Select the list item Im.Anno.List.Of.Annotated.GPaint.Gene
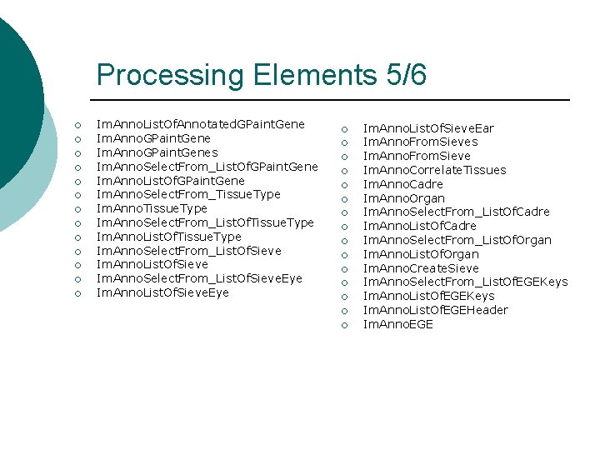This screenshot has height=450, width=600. tap(201, 124)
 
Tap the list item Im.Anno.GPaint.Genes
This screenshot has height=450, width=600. tap(157, 152)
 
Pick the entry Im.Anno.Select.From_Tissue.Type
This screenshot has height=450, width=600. tap(188, 194)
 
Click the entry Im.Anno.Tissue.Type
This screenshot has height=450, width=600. tap(152, 208)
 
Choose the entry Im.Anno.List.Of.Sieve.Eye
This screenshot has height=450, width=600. tap(162, 292)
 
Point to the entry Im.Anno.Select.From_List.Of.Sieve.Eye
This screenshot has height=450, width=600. tap(199, 278)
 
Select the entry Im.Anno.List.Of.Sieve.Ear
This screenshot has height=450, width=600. tap(428, 127)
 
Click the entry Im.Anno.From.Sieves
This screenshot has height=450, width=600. tap(420, 142)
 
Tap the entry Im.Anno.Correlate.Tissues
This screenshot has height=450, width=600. tap(434, 170)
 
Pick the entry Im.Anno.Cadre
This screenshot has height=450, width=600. tap(402, 184)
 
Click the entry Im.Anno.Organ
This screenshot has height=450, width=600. tap(403, 198)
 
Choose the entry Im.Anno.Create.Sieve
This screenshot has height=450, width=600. tap(421, 268)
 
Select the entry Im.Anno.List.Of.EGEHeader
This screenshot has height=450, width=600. tap(435, 310)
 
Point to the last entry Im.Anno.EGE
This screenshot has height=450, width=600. tap(397, 324)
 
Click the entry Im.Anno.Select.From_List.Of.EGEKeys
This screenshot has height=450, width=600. tap(465, 282)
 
